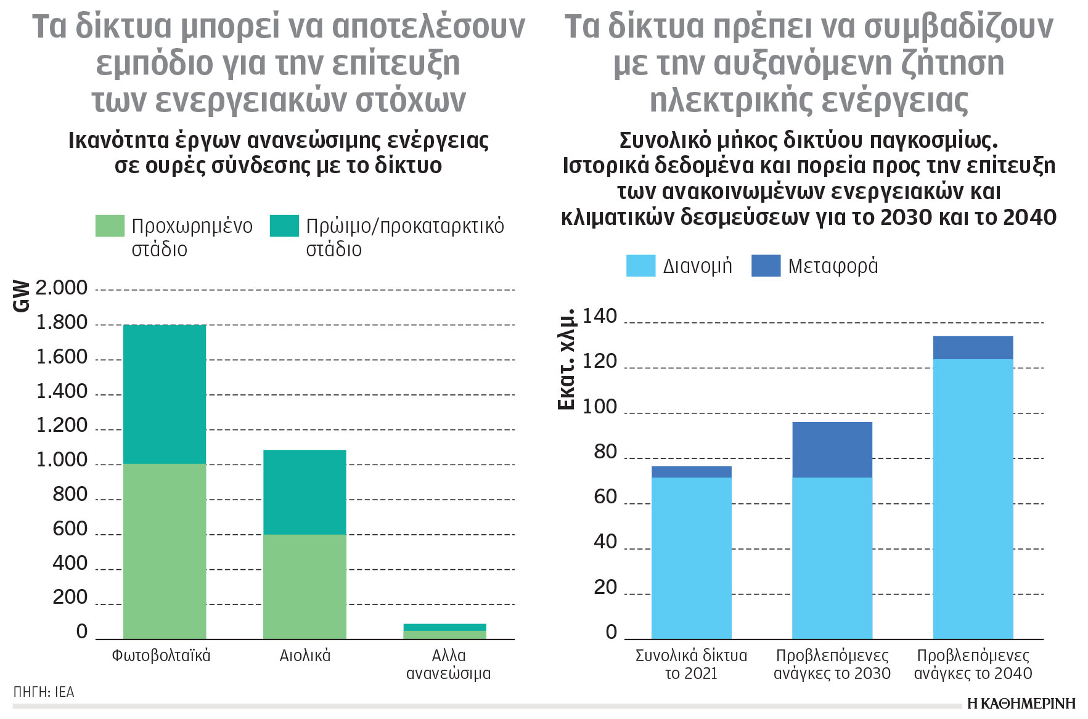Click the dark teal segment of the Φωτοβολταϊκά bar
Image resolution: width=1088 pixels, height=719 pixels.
pos(164,394)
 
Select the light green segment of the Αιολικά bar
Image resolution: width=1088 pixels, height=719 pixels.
pos(305,586)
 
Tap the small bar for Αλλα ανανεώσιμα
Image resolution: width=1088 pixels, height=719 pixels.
pos(444,632)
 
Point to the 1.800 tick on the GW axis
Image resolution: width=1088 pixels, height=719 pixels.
pos(62,322)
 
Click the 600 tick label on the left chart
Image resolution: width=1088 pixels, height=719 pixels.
pos(70,529)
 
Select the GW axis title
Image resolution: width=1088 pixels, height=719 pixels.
pos(21,296)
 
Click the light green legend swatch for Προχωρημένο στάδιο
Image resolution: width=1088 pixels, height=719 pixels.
pos(110,225)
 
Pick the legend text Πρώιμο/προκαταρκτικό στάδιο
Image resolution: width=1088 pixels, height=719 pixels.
pos(404,237)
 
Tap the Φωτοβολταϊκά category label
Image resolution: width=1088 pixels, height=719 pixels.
pos(161,656)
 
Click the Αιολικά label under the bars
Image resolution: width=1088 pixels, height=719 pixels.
pos(305,656)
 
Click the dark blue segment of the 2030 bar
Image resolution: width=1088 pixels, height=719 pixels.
pos(832,450)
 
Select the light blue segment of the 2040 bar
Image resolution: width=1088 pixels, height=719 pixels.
pos(973,499)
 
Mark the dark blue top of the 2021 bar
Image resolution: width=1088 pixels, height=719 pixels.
pos(691,472)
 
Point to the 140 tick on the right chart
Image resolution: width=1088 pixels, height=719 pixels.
pos(599,316)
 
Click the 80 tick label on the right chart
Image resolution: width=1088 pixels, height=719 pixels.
pos(605,452)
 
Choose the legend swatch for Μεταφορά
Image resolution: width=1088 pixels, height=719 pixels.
pos(766,266)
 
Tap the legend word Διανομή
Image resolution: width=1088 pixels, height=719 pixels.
pos(697,266)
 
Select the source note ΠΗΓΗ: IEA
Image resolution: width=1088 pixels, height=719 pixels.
pos(44,692)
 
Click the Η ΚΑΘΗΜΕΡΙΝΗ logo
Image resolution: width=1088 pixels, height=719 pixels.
pos(1021,704)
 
